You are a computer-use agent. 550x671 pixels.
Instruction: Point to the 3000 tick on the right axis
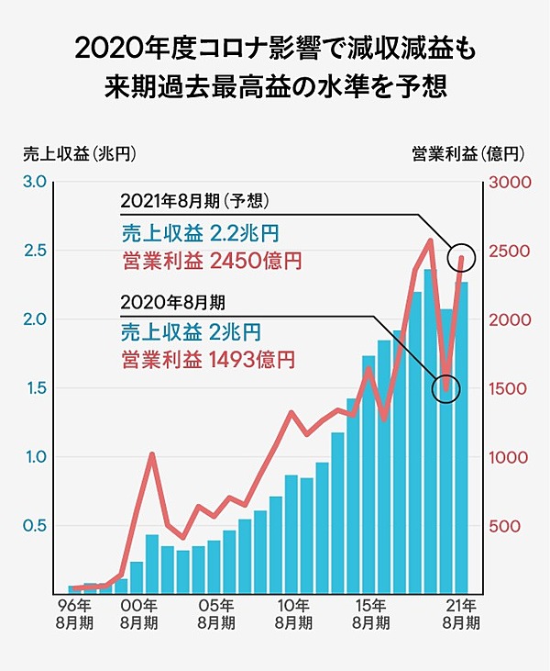pos(502,182)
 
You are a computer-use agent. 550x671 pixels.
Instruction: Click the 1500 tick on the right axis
pos(502,388)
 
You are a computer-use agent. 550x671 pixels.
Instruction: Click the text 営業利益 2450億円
pos(211,261)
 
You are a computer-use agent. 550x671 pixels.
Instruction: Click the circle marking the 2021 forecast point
pos(462,258)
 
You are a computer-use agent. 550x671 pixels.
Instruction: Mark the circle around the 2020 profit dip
pos(445,389)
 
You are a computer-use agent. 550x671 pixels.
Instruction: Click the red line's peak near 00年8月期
pos(152,454)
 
